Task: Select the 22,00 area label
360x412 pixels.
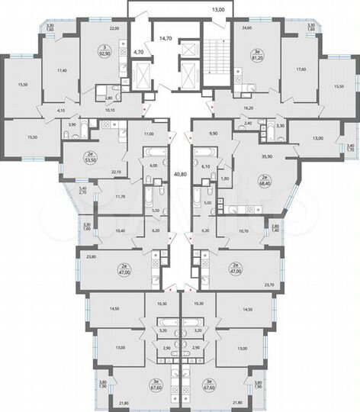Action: coord(114,28)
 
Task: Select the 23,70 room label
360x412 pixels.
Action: coord(268,284)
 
